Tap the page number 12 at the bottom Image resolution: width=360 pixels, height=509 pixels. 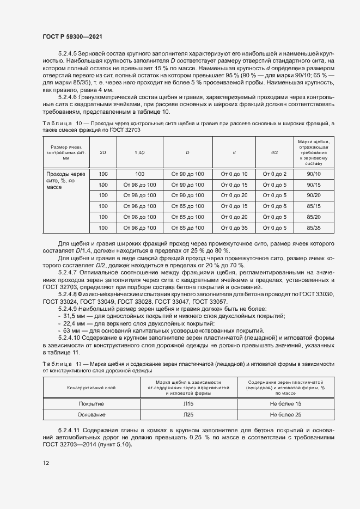[x=46, y=463]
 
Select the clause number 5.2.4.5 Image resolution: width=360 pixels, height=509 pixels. [x=69, y=55]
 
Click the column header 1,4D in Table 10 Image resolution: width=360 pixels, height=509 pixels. [x=139, y=152]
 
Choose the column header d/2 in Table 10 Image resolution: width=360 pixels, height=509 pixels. [x=274, y=152]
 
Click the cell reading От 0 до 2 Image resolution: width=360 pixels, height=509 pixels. [x=274, y=174]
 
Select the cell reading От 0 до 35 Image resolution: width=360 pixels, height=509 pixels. [x=234, y=228]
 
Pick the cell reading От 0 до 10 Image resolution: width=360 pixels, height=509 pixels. [x=234, y=174]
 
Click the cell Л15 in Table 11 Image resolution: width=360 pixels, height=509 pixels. [x=188, y=404]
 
